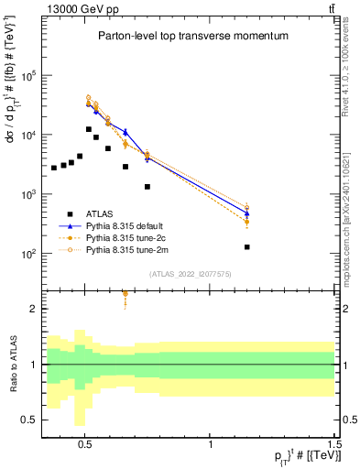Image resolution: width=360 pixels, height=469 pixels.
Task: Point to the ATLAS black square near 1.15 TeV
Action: point(247,247)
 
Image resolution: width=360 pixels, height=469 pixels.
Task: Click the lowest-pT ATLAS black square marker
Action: point(54,168)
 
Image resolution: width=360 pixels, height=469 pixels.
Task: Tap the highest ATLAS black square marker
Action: point(88,129)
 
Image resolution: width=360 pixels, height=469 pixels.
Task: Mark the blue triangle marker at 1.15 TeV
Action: point(247,213)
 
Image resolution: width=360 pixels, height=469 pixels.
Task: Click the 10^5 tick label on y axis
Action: point(29,76)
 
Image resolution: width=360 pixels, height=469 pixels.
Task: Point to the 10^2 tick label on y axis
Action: point(29,254)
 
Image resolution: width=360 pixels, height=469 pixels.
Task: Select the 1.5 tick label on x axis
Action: point(335,439)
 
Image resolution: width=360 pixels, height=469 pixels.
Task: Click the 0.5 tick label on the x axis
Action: point(85,439)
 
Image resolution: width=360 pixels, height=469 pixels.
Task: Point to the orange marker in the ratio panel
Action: point(125,293)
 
